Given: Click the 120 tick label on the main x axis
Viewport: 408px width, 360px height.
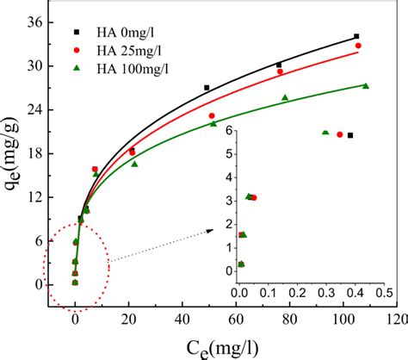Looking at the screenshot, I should coord(396,319).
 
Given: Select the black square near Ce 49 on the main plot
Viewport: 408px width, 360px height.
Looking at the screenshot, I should coord(207,88).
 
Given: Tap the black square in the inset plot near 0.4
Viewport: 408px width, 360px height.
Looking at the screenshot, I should coord(350,135).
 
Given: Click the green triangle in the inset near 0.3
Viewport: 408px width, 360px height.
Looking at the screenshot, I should coord(325,133).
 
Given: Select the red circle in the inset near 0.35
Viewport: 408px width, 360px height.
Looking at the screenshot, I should coord(340,134).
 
